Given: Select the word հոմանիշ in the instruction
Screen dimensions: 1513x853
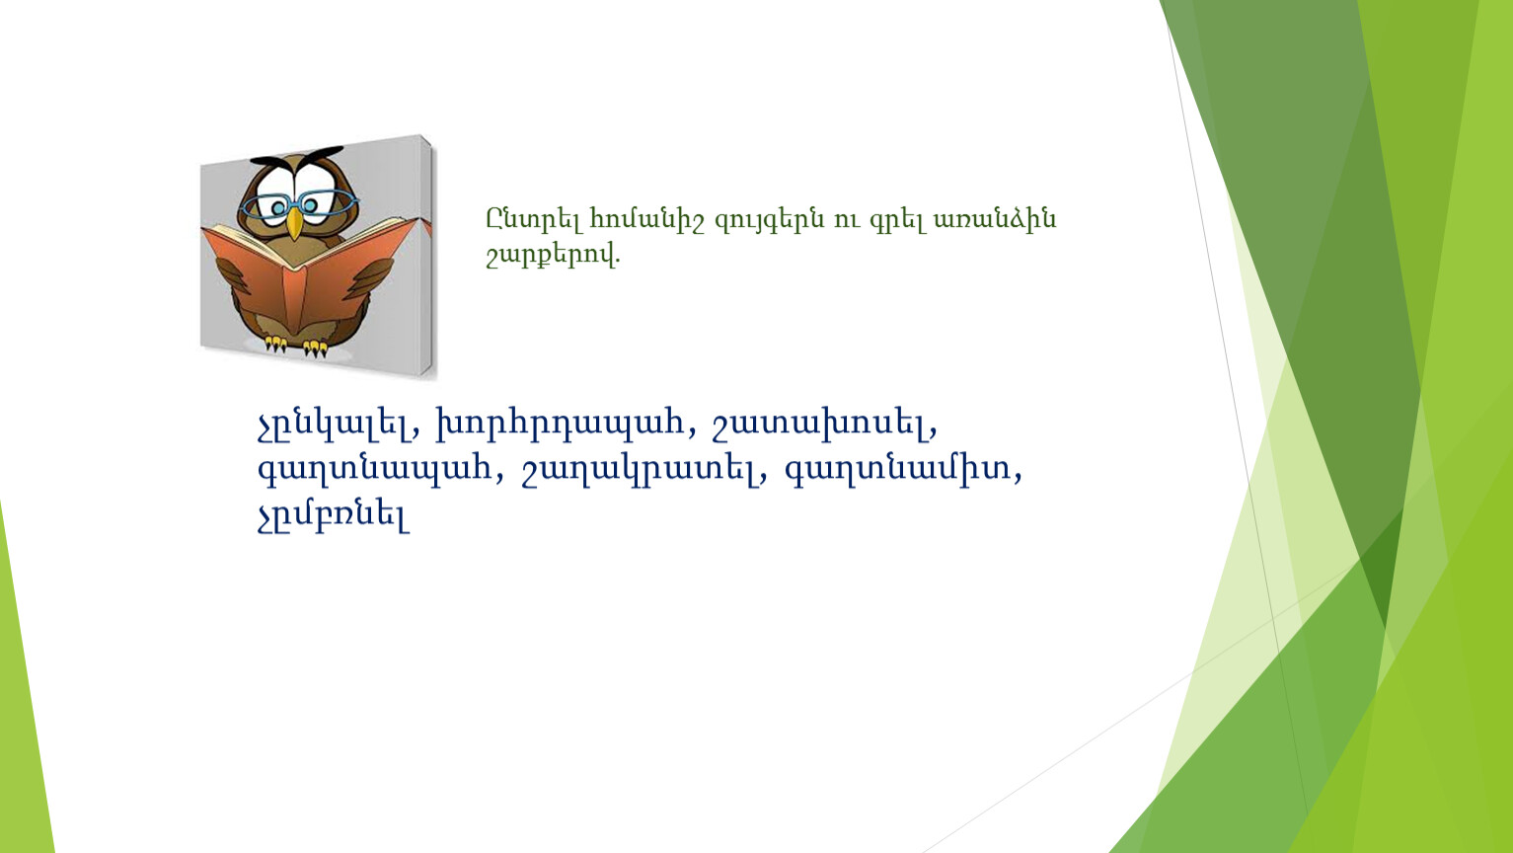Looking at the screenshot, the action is click(647, 220).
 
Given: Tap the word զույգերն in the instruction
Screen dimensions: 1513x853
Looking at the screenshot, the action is click(770, 221).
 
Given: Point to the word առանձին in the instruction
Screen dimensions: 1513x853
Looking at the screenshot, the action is click(994, 220).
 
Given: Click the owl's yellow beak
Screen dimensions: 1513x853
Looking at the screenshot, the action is click(294, 223).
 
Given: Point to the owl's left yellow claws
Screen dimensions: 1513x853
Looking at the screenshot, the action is click(275, 344).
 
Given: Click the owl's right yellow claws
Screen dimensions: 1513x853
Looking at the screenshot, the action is click(316, 348).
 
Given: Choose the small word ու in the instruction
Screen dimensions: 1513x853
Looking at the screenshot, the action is click(847, 221).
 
